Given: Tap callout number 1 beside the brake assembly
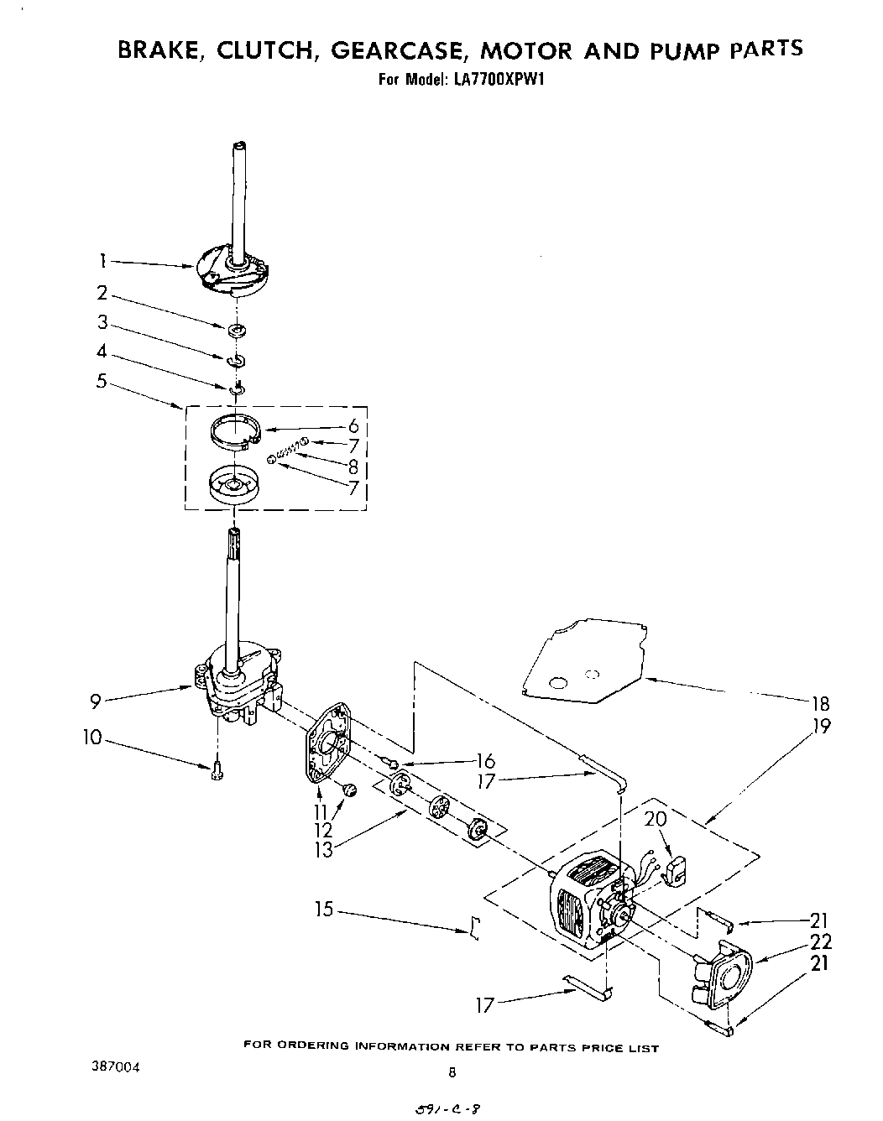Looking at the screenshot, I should (x=101, y=261).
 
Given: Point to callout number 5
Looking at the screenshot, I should (x=102, y=380).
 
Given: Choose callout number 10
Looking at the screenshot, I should (x=92, y=738).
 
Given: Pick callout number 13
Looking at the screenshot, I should (x=323, y=849).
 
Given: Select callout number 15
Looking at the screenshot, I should (x=324, y=909).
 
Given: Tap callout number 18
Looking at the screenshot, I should (x=820, y=704).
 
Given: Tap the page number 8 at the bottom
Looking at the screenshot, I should (x=452, y=1071).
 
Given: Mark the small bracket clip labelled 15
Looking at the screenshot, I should (x=475, y=928).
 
